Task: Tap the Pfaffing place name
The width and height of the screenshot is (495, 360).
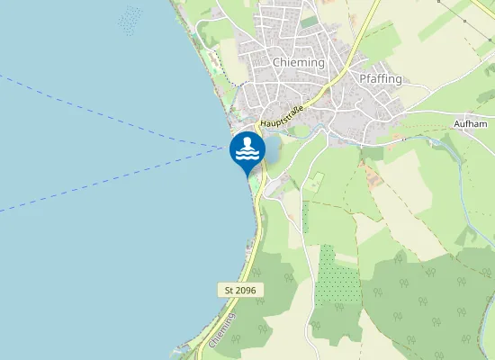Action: pyautogui.click(x=380, y=78)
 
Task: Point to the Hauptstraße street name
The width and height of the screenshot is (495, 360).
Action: pyautogui.click(x=282, y=117)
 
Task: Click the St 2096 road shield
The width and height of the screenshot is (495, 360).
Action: pyautogui.click(x=238, y=290)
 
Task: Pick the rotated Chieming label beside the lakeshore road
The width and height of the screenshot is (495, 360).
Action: pyautogui.click(x=221, y=330)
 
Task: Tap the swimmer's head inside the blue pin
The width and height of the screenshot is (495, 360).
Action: pyautogui.click(x=247, y=143)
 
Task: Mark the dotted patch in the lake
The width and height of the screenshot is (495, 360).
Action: pyautogui.click(x=130, y=19)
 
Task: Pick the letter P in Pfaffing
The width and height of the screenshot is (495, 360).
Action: pyautogui.click(x=363, y=78)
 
